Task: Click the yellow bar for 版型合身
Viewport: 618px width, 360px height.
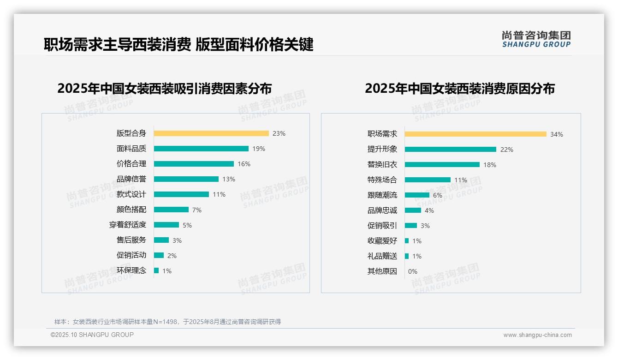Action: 211,133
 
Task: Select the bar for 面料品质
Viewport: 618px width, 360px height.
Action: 201,149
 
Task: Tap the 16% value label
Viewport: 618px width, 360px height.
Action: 244,164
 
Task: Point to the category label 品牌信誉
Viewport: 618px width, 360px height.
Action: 131,179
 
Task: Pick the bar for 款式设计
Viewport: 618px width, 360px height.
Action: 181,194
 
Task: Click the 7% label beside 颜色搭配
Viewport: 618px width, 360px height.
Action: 197,210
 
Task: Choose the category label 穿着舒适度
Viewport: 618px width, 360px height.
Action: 128,225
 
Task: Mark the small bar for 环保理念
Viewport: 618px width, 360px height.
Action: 156,270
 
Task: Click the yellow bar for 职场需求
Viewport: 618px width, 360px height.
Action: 475,134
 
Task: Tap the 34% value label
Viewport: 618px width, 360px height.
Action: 557,134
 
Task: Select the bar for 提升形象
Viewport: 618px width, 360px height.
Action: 451,150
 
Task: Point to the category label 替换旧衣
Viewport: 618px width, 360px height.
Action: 382,164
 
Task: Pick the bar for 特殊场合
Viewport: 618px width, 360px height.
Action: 428,180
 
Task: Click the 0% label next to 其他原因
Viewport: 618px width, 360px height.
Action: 413,271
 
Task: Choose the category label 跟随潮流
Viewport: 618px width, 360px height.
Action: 382,195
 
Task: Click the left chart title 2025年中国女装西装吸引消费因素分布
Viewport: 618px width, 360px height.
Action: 165,88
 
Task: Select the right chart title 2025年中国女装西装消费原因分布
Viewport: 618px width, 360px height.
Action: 460,88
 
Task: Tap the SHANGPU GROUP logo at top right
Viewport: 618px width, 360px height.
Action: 536,39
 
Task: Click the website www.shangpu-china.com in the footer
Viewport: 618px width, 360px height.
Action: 537,335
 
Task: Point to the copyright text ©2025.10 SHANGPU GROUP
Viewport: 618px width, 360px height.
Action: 92,335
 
